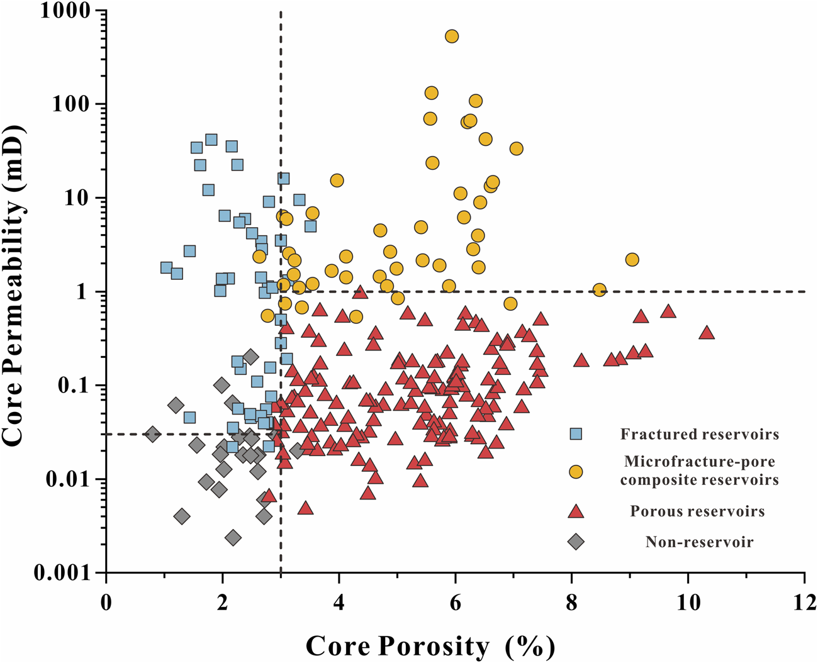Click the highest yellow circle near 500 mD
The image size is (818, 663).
pos(452,36)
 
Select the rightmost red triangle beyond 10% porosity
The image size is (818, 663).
pos(707,333)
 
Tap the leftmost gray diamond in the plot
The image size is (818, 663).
pos(152,433)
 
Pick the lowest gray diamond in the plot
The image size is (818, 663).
pos(233,538)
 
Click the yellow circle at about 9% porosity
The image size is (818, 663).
pos(632,259)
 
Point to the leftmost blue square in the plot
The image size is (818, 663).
pos(166,267)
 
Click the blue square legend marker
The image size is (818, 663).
pos(575,434)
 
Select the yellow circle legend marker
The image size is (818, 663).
pos(575,472)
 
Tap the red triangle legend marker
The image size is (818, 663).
pos(575,511)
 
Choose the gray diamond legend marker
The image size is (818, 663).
pos(575,542)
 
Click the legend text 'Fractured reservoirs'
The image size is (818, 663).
pos(700,434)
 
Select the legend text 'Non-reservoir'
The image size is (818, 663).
pos(699,542)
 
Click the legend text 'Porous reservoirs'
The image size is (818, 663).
pos(697,511)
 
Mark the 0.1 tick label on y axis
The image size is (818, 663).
pos(74,386)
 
